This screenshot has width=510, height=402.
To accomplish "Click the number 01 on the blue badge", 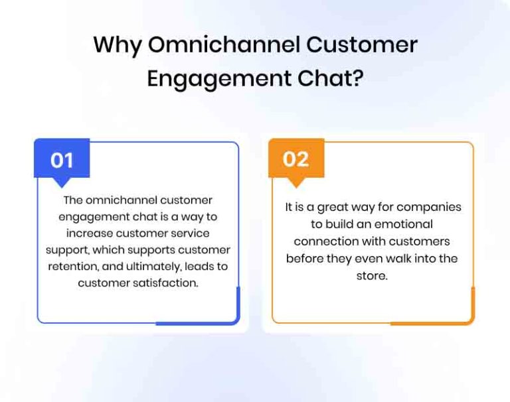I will click(x=62, y=160).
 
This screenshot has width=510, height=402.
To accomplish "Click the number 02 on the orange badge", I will click(x=296, y=159).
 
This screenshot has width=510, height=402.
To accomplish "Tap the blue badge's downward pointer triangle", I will click(x=62, y=183).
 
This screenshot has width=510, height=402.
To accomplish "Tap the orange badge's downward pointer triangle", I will click(x=296, y=182).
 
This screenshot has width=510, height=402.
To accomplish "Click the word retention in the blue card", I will click(x=74, y=266).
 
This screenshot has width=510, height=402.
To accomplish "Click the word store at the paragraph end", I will click(x=371, y=275).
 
